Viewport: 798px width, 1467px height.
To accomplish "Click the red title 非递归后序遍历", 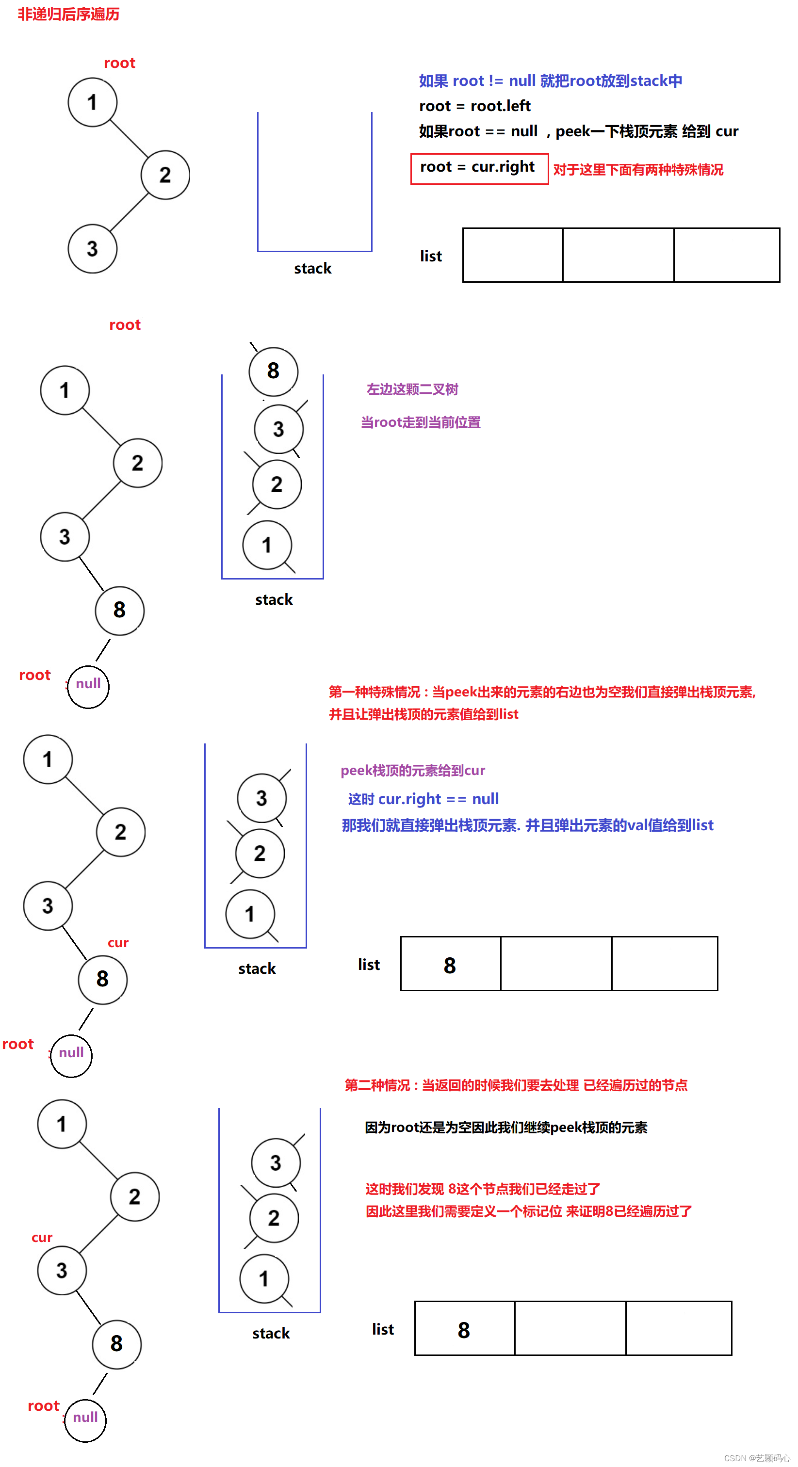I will [x=68, y=14].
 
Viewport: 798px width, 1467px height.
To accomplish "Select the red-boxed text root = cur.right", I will [x=477, y=167].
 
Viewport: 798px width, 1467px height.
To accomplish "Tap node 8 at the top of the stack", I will [x=274, y=371].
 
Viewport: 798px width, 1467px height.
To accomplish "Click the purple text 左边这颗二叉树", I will [x=412, y=389].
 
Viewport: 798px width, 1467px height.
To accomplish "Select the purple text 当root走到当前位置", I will [x=421, y=422].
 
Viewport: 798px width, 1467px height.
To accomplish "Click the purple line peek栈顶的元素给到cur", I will [x=412, y=771].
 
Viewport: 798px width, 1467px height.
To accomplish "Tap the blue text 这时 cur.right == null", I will [x=423, y=799].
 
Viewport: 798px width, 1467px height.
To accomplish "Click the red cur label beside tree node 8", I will [x=118, y=943].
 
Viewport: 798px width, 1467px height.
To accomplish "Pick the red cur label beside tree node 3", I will [x=42, y=1238].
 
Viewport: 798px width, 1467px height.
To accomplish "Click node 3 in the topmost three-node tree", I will [x=92, y=249].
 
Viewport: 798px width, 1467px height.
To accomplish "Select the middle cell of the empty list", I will [x=618, y=255].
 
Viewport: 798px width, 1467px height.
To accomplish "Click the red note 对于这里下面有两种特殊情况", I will [x=638, y=170].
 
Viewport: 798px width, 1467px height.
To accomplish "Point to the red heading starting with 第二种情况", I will [x=516, y=1085].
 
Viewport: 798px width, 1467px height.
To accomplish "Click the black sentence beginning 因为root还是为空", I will [x=506, y=1128].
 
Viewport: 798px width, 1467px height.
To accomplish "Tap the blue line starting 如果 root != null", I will [x=550, y=81].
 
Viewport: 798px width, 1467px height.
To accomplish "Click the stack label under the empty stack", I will [x=313, y=268].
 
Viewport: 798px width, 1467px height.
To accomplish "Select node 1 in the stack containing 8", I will [x=267, y=545].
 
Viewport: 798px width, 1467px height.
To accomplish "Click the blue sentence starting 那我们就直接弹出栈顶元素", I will [x=527, y=825].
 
